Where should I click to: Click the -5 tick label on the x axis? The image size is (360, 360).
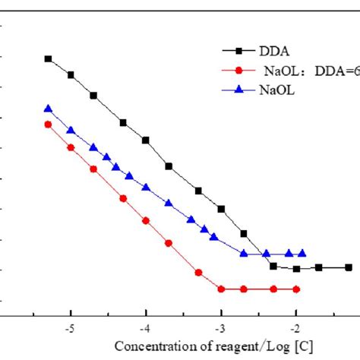pos(70,331)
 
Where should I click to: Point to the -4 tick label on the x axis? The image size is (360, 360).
pos(145,331)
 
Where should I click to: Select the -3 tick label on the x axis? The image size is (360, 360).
pos(220,331)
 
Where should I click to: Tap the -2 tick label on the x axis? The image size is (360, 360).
pos(295,331)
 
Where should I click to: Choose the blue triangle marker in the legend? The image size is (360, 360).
pos(239,90)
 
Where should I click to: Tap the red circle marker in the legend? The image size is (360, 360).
pos(239,70)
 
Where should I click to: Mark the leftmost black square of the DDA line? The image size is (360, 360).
pos(48,58)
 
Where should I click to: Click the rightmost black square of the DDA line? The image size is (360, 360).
pos(349,267)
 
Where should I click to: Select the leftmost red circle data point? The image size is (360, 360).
pos(48,125)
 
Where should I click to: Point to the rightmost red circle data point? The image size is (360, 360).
pos(296,289)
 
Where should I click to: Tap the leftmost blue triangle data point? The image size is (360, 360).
pos(48,109)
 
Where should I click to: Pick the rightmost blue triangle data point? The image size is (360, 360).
pos(302,254)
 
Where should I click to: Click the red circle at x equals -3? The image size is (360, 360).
pos(221,289)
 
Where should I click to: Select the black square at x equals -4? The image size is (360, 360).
pos(146,140)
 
